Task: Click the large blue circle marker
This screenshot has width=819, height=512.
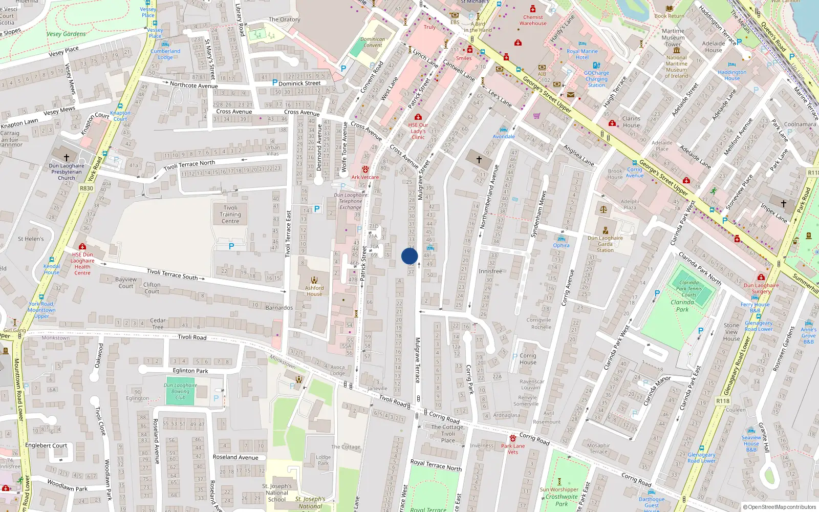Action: coord(409,256)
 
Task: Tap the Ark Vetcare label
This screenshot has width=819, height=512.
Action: coord(365,177)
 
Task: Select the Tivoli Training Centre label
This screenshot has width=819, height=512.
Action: coord(230,215)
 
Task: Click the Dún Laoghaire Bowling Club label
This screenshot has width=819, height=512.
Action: coord(180,391)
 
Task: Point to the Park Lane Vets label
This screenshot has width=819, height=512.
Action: coord(513,449)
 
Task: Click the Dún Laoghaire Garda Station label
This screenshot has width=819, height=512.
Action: coord(605,244)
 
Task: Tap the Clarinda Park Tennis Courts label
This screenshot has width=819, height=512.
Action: coord(689,289)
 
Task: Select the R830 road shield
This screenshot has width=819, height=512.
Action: coord(87,188)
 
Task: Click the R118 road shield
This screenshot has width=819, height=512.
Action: coord(723,401)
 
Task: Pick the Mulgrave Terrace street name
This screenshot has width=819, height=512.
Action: coord(417,360)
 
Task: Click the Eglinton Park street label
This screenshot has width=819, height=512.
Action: coord(190,371)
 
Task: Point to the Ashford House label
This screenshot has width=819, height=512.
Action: coord(314,291)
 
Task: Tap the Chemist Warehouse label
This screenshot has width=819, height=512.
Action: coord(533,20)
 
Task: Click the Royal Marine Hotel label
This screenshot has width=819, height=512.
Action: coord(582,54)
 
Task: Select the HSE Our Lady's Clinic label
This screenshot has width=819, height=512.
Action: coord(418,131)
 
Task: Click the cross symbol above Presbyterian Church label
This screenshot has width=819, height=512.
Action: coord(66,157)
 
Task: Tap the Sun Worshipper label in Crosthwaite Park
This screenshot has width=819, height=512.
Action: coord(559,489)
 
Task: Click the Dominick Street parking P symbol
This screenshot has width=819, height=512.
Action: coord(275,82)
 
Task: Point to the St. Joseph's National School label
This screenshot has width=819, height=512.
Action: coord(277,493)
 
